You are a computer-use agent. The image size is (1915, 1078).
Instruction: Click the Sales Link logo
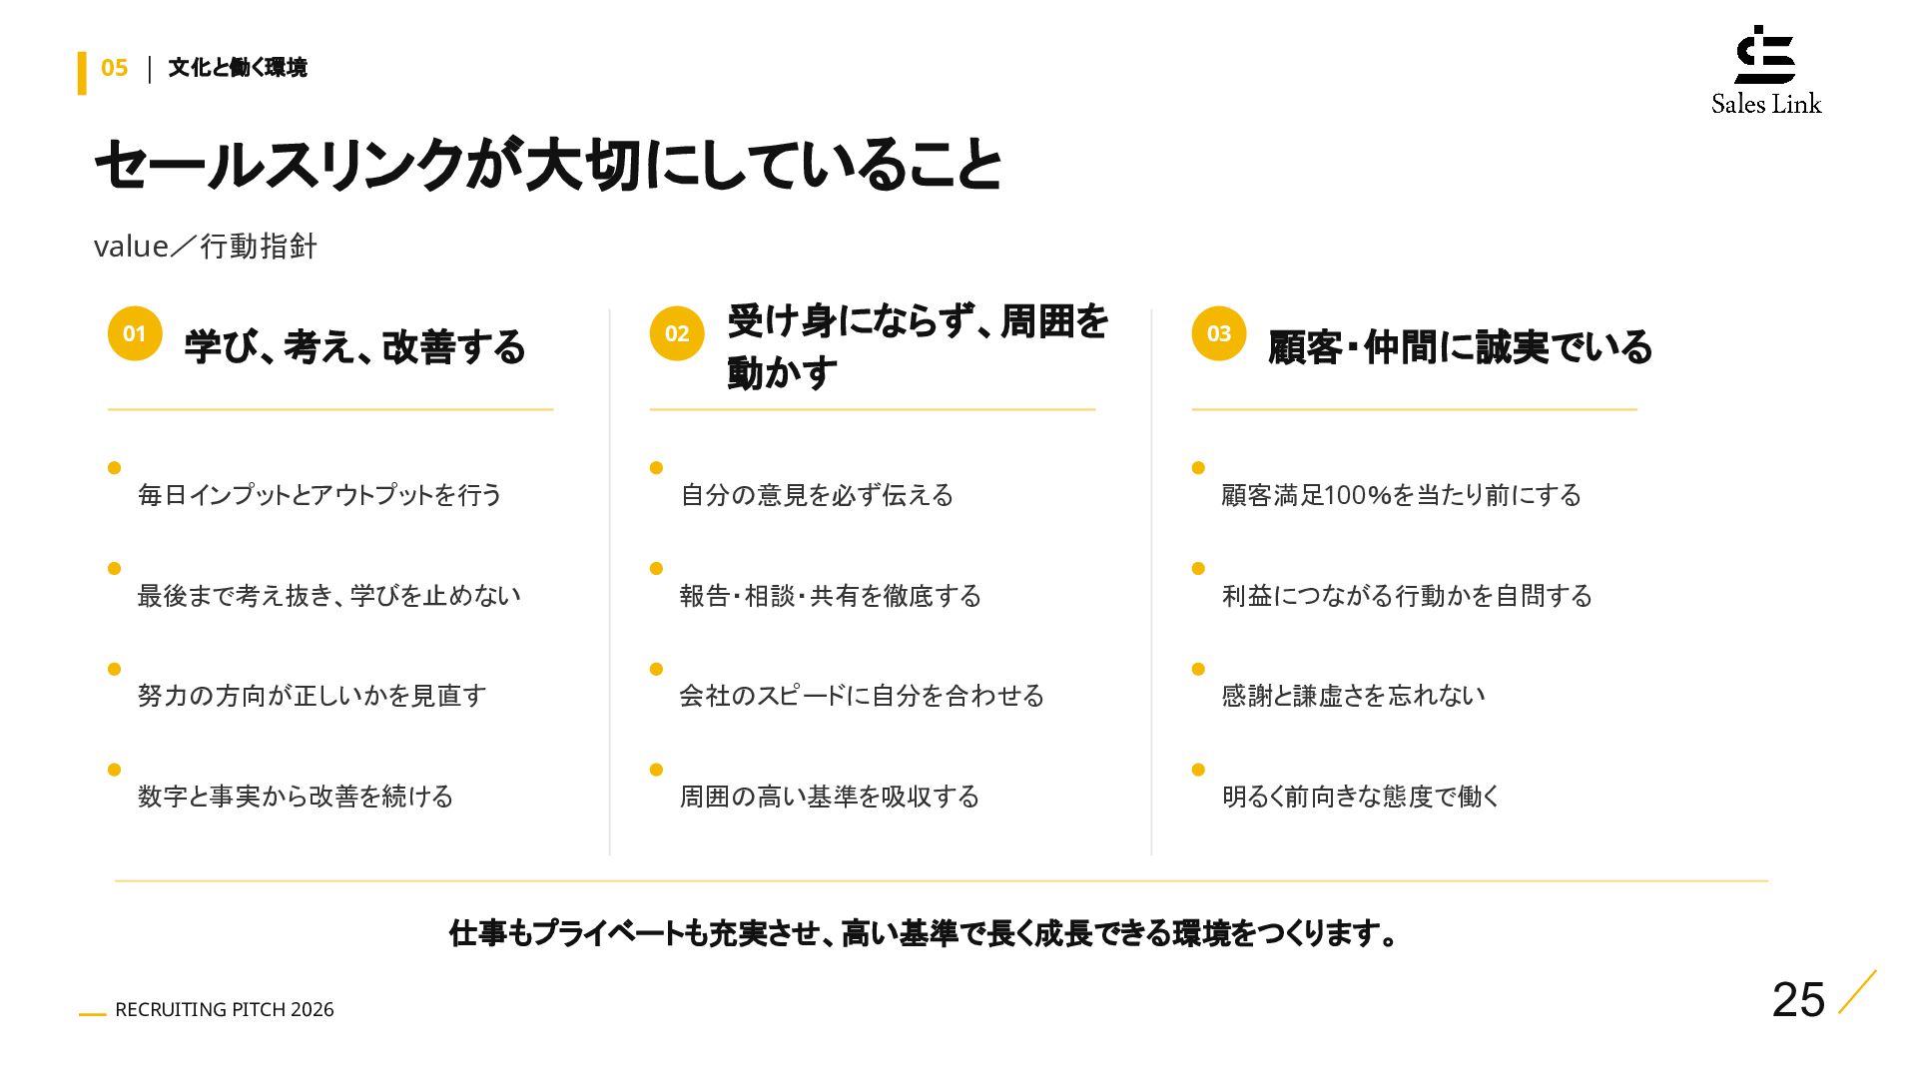[1765, 70]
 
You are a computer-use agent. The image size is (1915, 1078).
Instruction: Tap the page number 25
[1798, 999]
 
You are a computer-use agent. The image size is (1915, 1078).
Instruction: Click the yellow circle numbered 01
[135, 333]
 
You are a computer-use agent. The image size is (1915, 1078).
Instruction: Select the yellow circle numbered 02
[677, 333]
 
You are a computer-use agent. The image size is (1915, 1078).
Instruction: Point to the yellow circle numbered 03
[1219, 333]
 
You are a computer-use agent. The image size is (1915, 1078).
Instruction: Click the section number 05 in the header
[115, 68]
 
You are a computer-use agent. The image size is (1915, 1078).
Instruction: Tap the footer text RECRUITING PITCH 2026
[225, 1009]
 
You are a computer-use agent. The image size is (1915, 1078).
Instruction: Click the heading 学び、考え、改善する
[354, 346]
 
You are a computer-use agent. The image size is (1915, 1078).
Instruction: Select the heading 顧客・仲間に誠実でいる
[1460, 346]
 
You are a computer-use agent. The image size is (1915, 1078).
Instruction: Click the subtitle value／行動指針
[206, 246]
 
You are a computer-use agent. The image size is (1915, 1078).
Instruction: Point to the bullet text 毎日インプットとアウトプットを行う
[319, 494]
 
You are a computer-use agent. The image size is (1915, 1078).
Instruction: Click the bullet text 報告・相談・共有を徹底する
[831, 595]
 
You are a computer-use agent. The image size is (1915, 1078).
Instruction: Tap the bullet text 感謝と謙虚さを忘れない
[1353, 695]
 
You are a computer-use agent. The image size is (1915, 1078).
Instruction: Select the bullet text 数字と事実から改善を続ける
[296, 796]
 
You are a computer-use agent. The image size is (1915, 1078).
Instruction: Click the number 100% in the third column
[1358, 494]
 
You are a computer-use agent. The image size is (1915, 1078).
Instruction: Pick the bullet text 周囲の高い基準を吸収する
[830, 796]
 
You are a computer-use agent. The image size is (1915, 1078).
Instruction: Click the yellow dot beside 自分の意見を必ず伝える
[656, 467]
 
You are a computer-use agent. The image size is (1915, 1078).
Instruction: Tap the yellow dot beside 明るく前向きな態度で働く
[1198, 769]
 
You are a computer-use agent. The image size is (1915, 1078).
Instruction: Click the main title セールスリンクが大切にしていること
[548, 165]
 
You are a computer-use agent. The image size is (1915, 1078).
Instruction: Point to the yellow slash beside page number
[1857, 991]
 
